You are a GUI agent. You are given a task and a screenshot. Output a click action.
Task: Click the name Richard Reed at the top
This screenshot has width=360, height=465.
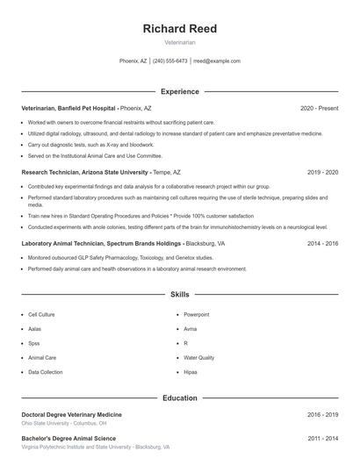click(x=179, y=29)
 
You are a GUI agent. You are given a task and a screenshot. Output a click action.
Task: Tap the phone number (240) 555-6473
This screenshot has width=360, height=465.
click(x=169, y=61)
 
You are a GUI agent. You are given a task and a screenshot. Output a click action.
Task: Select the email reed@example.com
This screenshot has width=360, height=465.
click(x=216, y=61)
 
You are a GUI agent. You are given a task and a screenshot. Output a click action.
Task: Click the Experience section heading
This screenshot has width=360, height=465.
click(x=179, y=91)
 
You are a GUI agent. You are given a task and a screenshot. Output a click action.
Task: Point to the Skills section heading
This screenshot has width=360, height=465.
click(x=179, y=296)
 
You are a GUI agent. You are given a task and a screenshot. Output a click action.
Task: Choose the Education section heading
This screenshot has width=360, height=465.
click(x=179, y=397)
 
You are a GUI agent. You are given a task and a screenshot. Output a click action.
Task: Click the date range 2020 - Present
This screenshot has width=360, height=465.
click(x=319, y=108)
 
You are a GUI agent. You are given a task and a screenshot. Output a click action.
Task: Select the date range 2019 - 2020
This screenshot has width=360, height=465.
click(x=322, y=173)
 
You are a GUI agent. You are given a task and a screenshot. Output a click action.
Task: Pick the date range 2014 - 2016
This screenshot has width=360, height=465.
click(x=322, y=243)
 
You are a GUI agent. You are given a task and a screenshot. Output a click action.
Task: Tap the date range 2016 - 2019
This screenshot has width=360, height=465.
click(x=322, y=414)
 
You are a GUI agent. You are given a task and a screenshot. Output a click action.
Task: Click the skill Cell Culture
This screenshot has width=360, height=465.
click(x=41, y=314)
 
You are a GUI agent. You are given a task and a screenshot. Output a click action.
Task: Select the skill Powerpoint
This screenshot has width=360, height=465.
click(x=196, y=314)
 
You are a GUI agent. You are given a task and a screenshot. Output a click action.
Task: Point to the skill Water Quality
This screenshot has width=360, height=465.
click(x=198, y=358)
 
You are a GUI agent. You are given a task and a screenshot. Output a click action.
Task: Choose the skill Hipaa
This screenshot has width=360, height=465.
click(x=191, y=372)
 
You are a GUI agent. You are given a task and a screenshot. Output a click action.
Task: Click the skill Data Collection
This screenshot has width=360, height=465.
click(x=46, y=372)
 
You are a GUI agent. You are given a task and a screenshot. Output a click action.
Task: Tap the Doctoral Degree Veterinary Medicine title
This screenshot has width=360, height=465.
click(x=72, y=414)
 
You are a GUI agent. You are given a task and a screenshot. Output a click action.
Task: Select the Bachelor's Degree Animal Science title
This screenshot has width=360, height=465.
click(x=68, y=437)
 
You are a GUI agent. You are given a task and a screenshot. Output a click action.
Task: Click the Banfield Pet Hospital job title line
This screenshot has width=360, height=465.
click(x=86, y=108)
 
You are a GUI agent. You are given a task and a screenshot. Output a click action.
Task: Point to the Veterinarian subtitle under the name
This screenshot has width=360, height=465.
click(x=179, y=42)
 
